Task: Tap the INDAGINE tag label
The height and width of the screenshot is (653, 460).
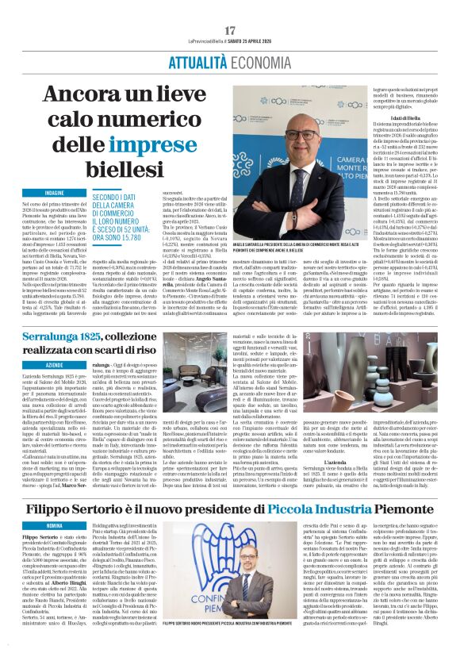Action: click(55, 192)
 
